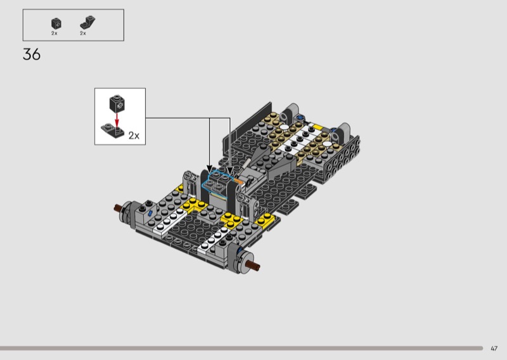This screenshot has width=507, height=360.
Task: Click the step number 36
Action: pos(32,55)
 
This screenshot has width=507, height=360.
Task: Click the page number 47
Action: pos(494,349)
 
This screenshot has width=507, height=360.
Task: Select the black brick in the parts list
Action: pos(56,23)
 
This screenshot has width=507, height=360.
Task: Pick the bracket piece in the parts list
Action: pos(87,23)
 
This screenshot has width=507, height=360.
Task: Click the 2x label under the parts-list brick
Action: pos(54,34)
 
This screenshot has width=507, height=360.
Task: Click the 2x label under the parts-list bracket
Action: pos(83,34)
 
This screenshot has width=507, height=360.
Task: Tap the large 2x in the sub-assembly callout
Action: pos(134,136)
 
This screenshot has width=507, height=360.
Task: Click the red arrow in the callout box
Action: pos(117,119)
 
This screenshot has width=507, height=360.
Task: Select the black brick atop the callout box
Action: pos(117,104)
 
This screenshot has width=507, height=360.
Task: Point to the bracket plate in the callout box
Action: pos(113,131)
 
